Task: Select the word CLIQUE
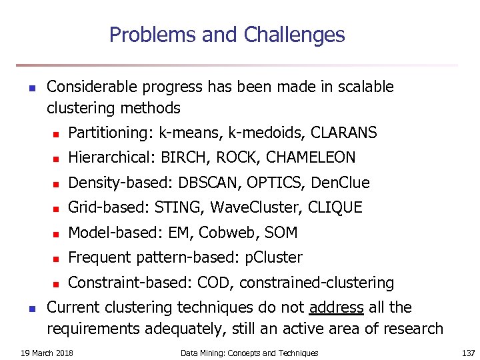click(x=335, y=208)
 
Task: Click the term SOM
click(x=282, y=233)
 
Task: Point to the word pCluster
click(x=274, y=258)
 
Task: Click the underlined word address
click(x=337, y=308)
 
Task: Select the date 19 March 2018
click(x=46, y=353)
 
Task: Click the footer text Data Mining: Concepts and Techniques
click(x=249, y=353)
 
